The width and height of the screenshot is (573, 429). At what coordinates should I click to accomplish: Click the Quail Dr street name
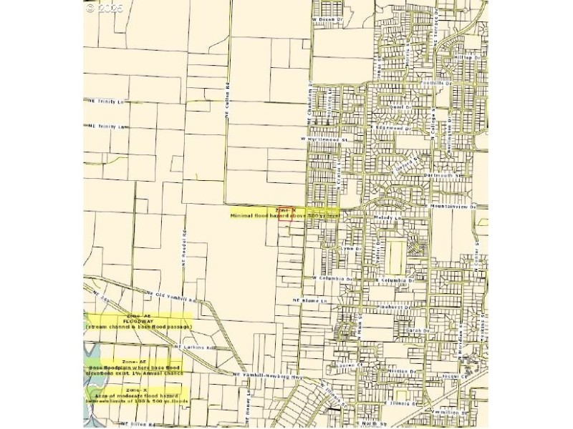tap(403, 108)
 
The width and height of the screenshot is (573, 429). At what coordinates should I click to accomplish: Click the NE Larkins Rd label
tap(195, 347)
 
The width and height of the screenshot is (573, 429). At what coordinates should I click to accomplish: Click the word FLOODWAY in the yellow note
tap(138, 321)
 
